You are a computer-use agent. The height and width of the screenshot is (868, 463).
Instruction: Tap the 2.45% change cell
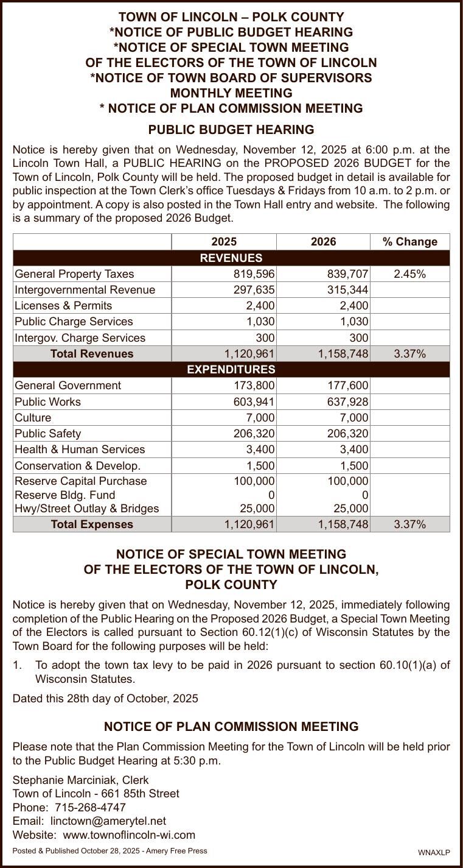coord(409,274)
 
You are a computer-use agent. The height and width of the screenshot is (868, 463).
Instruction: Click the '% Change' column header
coord(409,242)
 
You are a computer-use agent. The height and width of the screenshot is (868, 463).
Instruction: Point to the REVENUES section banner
coord(231,258)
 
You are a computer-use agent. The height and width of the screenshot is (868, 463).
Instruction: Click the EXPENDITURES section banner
coord(231,369)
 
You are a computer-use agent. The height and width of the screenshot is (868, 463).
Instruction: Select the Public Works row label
coord(47,402)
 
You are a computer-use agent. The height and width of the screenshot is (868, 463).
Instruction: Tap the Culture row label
coord(33,418)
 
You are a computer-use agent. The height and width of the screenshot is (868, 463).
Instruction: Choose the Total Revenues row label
coord(92,354)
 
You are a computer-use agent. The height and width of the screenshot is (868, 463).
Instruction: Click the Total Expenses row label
coord(92,524)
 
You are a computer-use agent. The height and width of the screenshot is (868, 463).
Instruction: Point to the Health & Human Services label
coord(80,450)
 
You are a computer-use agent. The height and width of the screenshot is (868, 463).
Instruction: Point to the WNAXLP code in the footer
coord(434,853)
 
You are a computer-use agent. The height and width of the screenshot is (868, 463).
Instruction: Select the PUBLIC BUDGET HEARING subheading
coord(231,130)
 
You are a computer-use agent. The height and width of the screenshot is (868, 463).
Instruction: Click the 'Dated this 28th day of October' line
coord(105,699)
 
